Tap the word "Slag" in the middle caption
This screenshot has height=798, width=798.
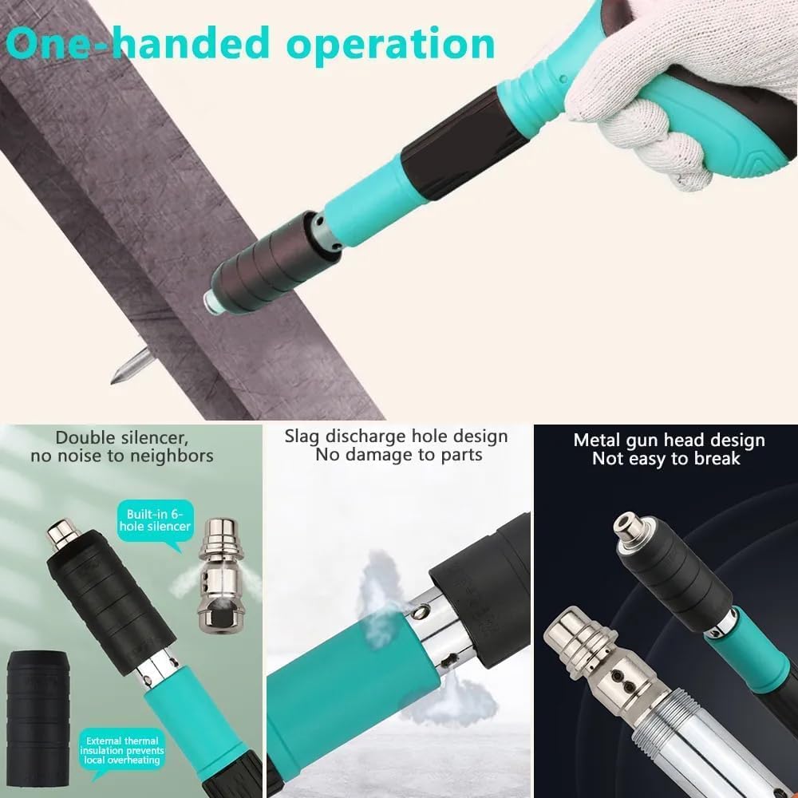[x=302, y=436]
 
